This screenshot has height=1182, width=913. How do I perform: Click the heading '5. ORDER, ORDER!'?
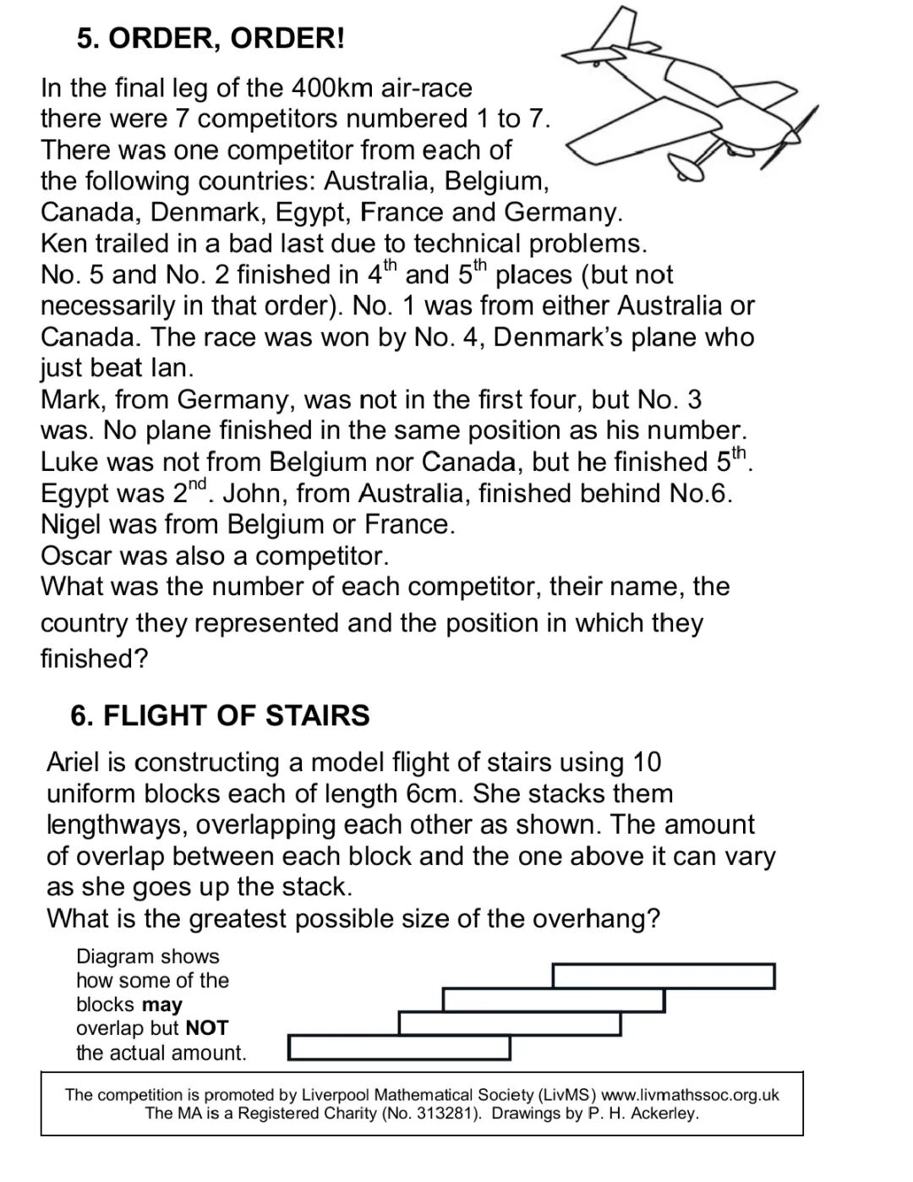(210, 39)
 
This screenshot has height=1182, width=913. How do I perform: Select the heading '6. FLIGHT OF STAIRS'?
(220, 715)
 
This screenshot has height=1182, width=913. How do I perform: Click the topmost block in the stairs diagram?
(664, 976)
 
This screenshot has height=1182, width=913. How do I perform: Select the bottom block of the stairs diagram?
(400, 1048)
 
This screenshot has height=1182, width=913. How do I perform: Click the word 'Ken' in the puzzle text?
(63, 244)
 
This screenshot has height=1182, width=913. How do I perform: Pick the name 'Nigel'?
(72, 524)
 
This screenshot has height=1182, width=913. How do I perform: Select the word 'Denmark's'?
(555, 337)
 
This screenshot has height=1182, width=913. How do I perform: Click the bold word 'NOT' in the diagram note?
(207, 1028)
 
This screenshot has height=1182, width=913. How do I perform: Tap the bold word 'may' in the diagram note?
(162, 1004)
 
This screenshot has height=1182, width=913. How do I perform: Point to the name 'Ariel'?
(74, 763)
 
